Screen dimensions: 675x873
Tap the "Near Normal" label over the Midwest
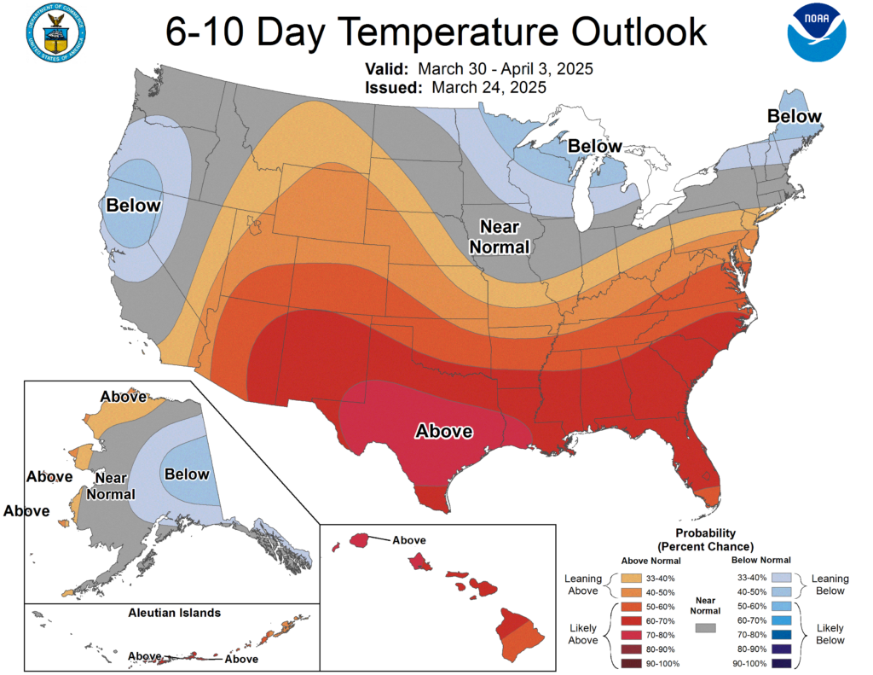coord(506,237)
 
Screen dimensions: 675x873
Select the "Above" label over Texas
coord(443,431)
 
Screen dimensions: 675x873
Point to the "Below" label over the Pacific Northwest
coord(132,206)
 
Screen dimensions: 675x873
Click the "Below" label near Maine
coord(794,116)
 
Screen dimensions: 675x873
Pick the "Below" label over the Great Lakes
coord(596,146)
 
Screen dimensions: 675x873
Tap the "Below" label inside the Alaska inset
coord(187,474)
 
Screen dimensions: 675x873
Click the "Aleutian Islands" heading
coord(175,613)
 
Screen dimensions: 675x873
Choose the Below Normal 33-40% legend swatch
coord(783,578)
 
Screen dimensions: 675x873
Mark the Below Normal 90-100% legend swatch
coord(783,663)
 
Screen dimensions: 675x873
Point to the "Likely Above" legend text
coord(582,634)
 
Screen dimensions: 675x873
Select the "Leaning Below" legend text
coord(830,585)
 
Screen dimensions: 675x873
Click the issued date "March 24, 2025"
coord(489,87)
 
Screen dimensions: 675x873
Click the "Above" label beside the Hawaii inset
coord(409,539)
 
